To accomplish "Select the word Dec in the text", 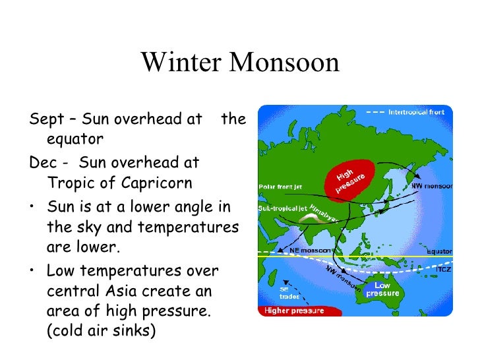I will click(43, 162).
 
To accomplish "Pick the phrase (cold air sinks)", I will click(101, 331).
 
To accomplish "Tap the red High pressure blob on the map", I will click(353, 177).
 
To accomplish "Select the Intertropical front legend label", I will click(415, 112).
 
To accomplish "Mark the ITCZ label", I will click(443, 270).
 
